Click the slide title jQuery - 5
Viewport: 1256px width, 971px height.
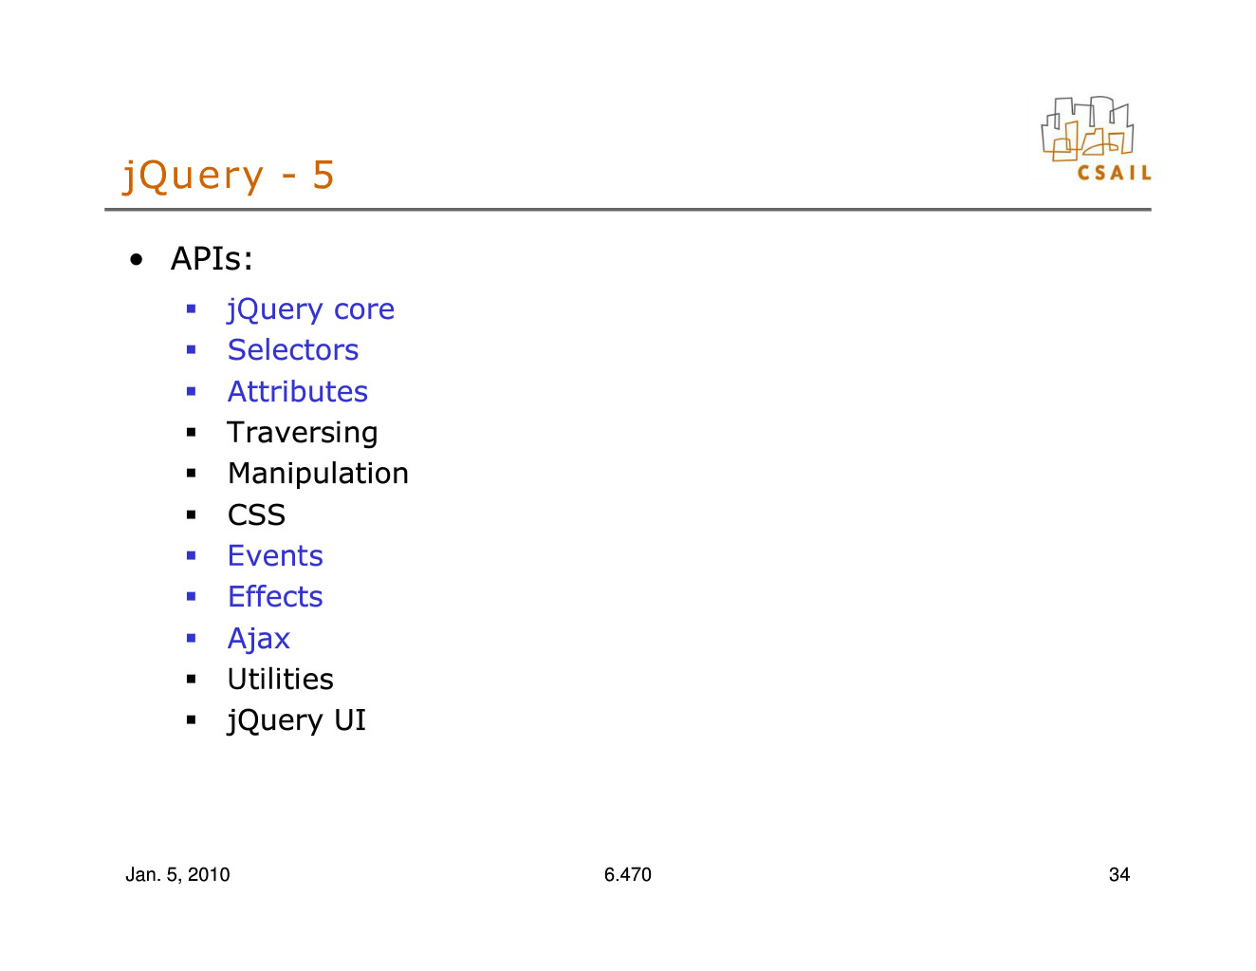[228, 176]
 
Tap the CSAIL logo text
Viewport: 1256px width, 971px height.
[1115, 173]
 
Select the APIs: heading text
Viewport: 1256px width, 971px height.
[212, 258]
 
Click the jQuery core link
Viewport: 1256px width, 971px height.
[311, 310]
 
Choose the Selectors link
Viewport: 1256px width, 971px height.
[293, 350]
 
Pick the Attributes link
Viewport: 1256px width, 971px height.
[298, 391]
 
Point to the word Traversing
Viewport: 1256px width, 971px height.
[303, 433]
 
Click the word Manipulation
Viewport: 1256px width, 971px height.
[318, 474]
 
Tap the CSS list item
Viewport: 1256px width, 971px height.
[257, 514]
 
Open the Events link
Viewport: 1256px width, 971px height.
[275, 556]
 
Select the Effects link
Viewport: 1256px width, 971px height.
[275, 596]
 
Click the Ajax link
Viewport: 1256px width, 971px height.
[258, 639]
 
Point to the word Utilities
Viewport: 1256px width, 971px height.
[281, 679]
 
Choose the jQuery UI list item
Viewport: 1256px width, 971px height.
[297, 721]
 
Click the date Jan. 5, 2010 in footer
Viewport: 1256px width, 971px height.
[177, 875]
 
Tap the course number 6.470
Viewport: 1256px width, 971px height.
[628, 874]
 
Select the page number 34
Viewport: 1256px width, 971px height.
[1119, 874]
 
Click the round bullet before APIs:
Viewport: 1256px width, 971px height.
[137, 260]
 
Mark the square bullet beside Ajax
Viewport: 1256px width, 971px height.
[192, 638]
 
